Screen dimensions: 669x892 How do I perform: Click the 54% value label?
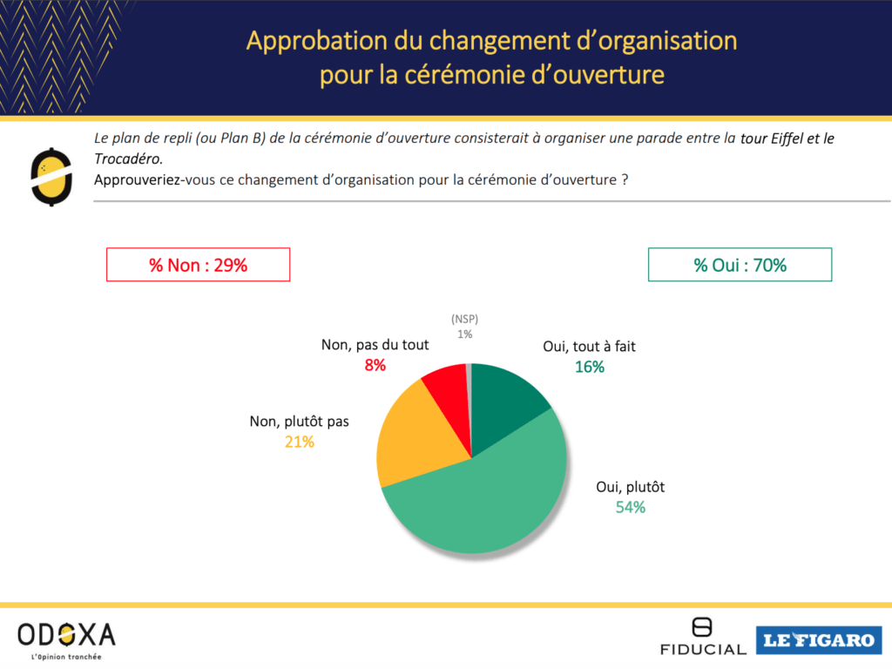coord(631,508)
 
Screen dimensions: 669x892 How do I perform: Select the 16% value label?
coord(590,367)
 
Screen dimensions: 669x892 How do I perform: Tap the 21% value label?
coord(299,442)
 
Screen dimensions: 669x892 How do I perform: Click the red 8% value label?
coord(375,365)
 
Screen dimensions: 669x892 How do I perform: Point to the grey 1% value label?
coord(465,334)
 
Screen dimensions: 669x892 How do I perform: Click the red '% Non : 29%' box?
coord(198,266)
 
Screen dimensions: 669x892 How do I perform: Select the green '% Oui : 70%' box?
coord(740,266)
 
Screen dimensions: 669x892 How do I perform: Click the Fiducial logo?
coord(701,637)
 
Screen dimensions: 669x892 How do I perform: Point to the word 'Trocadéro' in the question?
coord(127,159)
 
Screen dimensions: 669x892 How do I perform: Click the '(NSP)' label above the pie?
coord(465,319)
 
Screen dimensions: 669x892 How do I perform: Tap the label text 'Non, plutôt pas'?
coord(299,422)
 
